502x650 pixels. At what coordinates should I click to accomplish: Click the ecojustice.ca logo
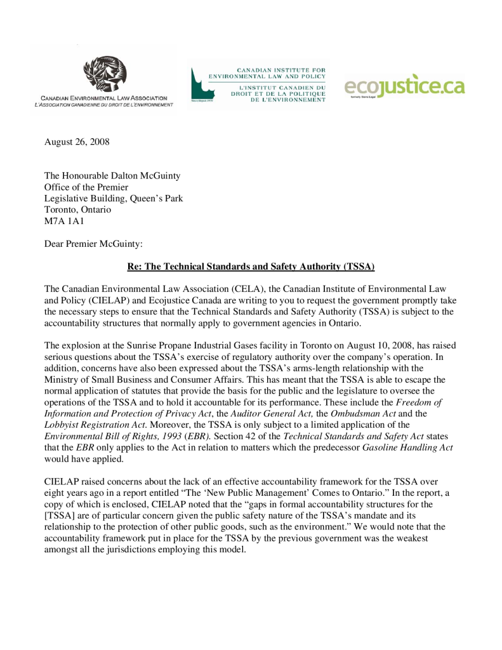[405, 87]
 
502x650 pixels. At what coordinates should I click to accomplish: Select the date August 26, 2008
[77, 142]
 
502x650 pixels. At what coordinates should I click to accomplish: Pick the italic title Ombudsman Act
[359, 413]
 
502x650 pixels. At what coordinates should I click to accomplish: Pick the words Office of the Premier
[86, 187]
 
